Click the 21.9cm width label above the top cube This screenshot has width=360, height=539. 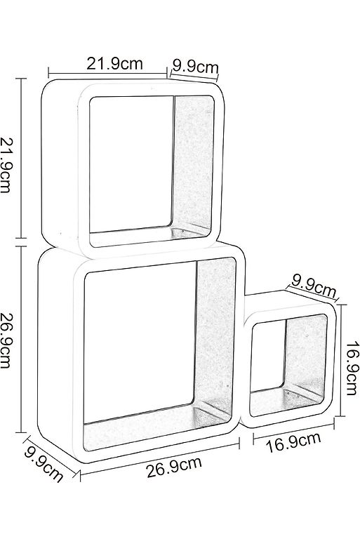[114, 64]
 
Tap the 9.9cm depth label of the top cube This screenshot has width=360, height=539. [195, 67]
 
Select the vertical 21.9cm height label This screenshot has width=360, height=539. [6, 165]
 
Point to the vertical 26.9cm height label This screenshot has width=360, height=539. [6, 340]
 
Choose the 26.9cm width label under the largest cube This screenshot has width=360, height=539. [174, 467]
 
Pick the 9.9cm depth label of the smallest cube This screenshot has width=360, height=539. [314, 286]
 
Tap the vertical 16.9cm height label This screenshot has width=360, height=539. [352, 368]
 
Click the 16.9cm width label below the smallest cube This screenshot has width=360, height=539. [293, 442]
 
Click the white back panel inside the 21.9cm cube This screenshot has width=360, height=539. [131, 164]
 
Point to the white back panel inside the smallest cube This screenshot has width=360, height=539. [268, 355]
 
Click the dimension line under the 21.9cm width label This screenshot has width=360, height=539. [107, 73]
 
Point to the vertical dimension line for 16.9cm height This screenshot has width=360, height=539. [340, 360]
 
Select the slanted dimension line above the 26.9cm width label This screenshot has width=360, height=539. [160, 460]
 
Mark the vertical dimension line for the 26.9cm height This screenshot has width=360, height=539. [21, 339]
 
